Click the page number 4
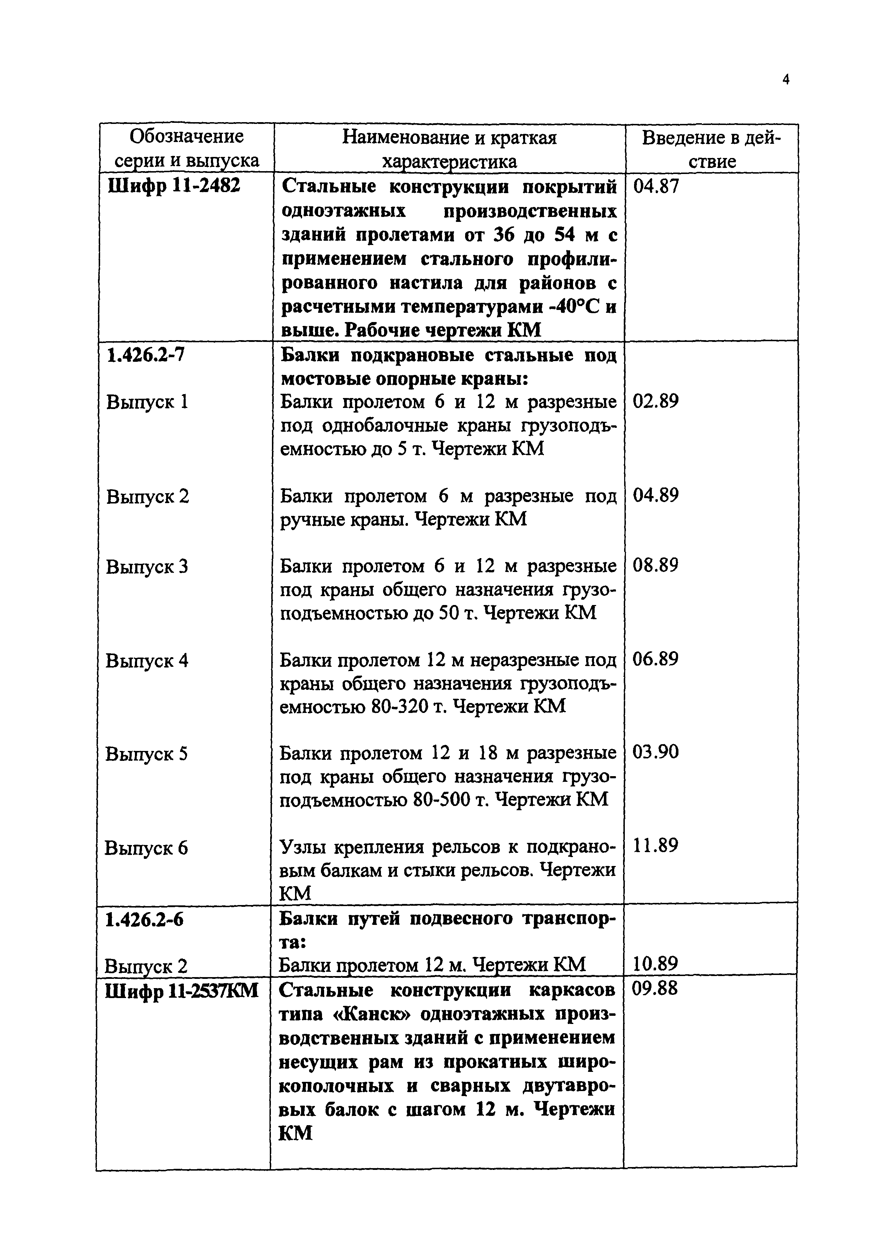tap(785, 80)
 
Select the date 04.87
tap(656, 187)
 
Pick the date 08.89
tap(656, 566)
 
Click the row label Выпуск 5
tap(146, 754)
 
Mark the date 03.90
tap(656, 752)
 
